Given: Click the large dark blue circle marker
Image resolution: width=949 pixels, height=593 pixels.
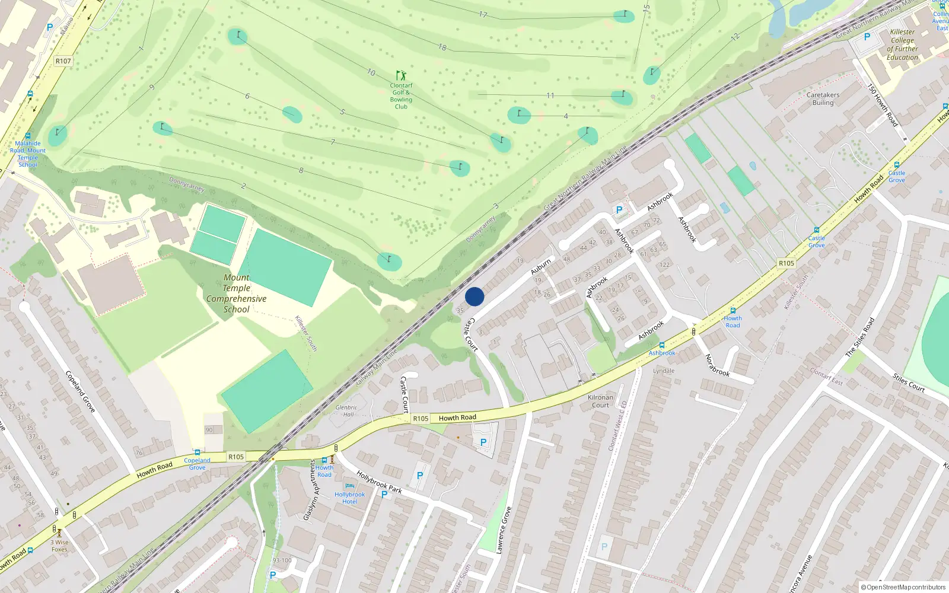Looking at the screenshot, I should point(474,296).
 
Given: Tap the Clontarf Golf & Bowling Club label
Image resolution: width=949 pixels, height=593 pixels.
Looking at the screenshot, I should point(401,96).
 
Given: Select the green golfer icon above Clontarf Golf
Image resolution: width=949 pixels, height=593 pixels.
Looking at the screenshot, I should point(401,75).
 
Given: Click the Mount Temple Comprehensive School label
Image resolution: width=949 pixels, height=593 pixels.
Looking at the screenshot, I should point(236,293).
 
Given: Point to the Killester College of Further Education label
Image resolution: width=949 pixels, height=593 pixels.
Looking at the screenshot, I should point(902,44).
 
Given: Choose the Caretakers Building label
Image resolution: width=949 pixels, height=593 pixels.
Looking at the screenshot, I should point(823,98).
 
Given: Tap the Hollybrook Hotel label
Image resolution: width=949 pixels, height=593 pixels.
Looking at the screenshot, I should point(349,498).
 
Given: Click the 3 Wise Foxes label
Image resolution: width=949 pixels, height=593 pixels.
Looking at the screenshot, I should point(59,546).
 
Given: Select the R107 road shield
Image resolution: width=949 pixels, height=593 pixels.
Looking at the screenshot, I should point(63,61).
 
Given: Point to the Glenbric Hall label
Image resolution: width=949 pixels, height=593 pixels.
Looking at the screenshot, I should point(346,411).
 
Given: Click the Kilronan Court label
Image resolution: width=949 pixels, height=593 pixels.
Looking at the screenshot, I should point(600,401).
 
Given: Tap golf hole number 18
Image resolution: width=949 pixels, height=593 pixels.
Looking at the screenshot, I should point(442,47).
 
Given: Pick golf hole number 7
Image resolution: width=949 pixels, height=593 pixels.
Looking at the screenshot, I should point(333,142).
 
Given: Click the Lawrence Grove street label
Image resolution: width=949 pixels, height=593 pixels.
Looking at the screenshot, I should point(503,530).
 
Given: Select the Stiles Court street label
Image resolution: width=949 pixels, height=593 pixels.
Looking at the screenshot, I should point(909,382).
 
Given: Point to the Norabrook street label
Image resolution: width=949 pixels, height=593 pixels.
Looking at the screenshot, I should point(716,365).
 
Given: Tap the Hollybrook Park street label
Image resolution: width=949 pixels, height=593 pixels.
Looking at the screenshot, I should point(379,482).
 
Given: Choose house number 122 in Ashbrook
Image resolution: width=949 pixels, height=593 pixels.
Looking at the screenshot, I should point(664,264).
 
